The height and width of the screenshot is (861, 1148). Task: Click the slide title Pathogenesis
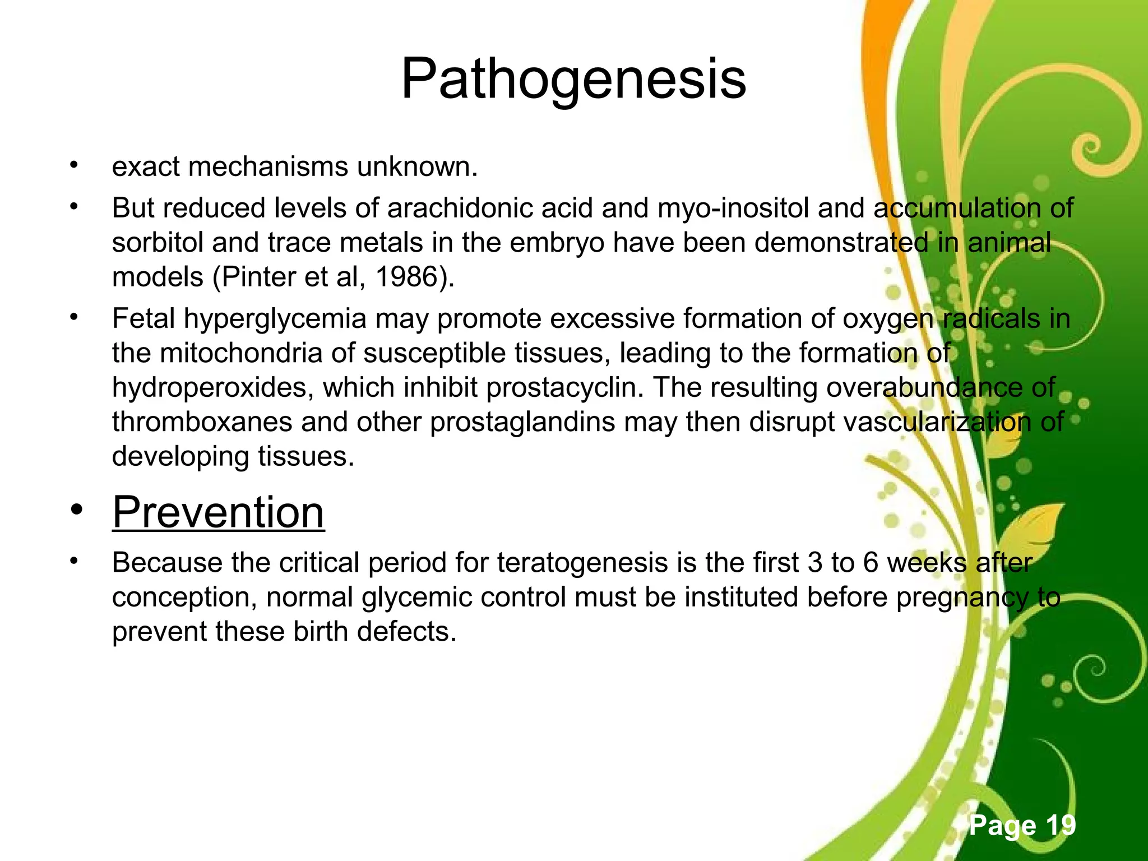pos(573,80)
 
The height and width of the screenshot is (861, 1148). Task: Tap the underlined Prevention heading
pos(218,512)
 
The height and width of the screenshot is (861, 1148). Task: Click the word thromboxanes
pos(202,422)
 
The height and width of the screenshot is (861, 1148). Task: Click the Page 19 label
pos(1022,825)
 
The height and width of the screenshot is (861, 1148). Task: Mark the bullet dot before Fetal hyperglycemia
pos(73,318)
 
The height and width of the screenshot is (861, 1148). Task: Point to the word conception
pos(184,598)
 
